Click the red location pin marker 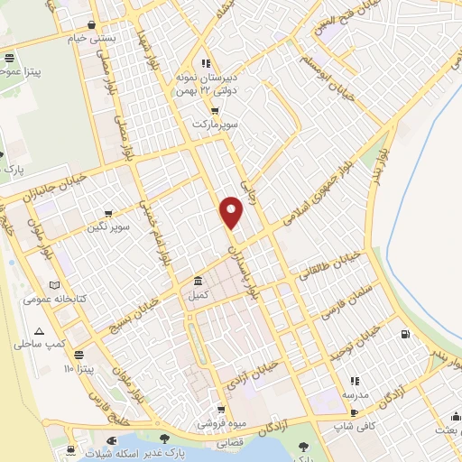click(x=233, y=212)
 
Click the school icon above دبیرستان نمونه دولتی click(x=206, y=63)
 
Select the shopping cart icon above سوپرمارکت click(x=213, y=112)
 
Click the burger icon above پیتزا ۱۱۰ click(x=79, y=355)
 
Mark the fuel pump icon click(x=403, y=336)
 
